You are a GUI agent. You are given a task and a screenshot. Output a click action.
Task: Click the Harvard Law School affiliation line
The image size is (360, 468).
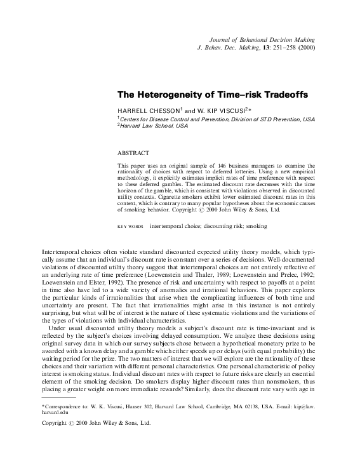[x=155, y=126]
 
